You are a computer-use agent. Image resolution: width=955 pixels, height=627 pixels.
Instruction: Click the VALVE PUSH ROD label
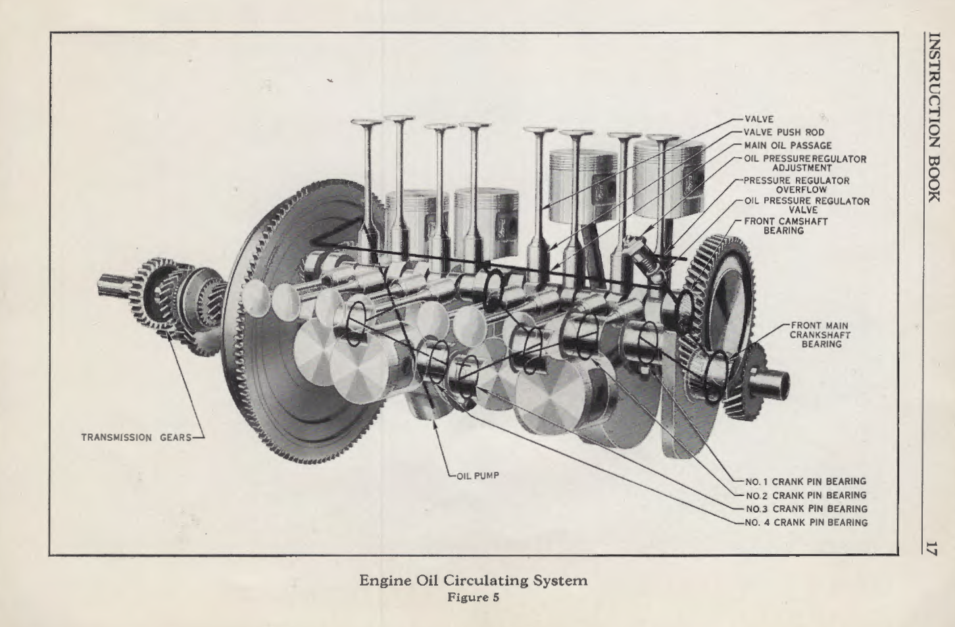click(x=783, y=132)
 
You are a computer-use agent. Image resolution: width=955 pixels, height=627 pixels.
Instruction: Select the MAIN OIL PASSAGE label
click(x=787, y=145)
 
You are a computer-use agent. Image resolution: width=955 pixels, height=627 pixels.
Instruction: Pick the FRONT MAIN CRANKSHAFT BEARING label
click(x=821, y=334)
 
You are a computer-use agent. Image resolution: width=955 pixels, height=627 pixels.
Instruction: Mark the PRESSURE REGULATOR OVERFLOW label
click(x=798, y=185)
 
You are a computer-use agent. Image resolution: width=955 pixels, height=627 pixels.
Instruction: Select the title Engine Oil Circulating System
click(x=473, y=581)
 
